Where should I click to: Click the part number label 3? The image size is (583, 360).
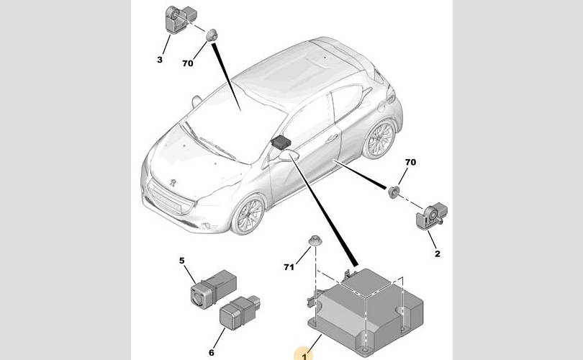click(160, 59)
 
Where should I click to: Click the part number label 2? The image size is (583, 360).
click(437, 253)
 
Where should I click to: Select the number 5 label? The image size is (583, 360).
click(182, 261)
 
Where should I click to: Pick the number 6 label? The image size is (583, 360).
click(211, 352)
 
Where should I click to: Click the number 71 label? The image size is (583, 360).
click(289, 267)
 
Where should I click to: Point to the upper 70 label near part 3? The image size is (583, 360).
click(188, 63)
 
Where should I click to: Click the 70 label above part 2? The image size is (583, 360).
click(411, 163)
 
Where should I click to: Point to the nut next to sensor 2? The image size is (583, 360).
click(394, 192)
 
